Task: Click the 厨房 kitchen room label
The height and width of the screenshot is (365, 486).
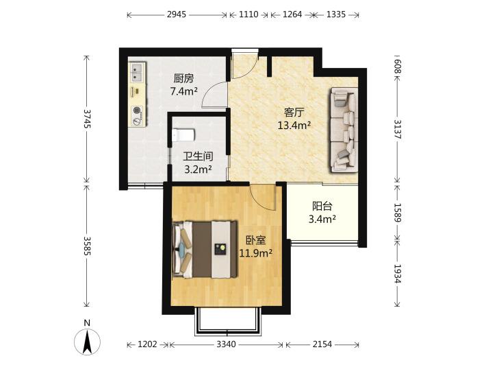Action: point(184,79)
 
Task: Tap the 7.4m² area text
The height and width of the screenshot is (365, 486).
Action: point(184,91)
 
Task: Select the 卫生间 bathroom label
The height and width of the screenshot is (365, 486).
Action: point(198,156)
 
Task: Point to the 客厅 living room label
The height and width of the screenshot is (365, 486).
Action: point(294,112)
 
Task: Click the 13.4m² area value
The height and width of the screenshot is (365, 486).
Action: point(294,126)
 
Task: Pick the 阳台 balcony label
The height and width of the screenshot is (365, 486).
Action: point(322,206)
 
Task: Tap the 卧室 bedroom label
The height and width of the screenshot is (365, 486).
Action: point(256,240)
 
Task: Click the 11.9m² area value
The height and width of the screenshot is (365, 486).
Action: point(256,253)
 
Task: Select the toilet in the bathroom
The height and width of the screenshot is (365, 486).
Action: point(183,135)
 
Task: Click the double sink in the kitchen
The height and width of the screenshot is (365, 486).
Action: point(137,72)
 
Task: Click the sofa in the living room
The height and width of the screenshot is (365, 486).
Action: point(344,130)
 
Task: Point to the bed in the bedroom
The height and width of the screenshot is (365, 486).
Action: point(205,249)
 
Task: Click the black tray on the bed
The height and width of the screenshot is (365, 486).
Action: point(220,249)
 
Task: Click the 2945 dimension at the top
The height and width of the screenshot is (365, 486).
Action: point(177,14)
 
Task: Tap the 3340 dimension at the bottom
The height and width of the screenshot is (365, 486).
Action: point(227,344)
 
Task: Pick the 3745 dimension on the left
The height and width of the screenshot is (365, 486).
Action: point(87,119)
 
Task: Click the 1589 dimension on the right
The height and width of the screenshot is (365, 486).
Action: point(397,213)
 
